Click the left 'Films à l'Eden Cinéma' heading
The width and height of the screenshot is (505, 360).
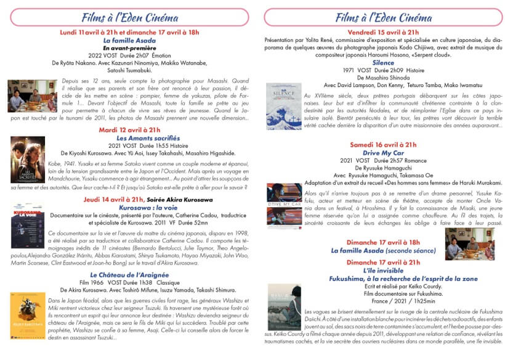[129, 17]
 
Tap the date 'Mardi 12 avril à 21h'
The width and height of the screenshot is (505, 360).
[129, 130]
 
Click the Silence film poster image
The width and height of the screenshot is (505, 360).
[284, 106]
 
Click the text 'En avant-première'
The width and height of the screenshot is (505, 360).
[129, 47]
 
